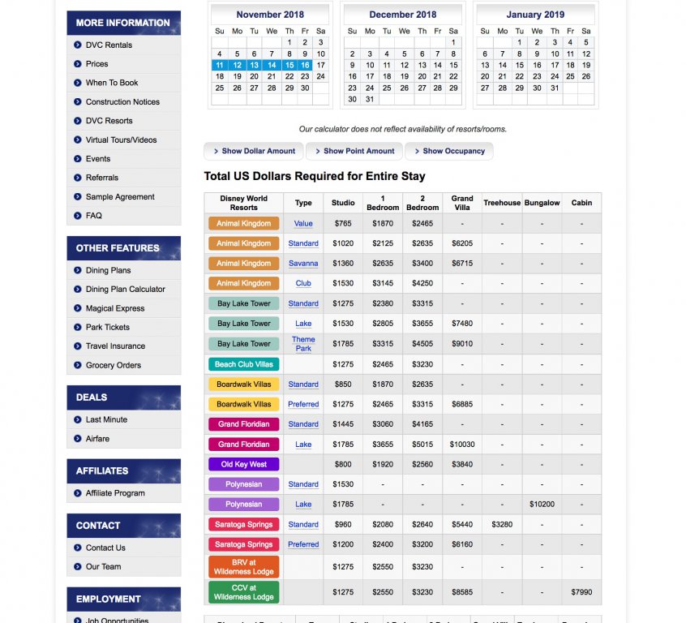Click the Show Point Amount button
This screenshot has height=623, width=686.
pyautogui.click(x=354, y=151)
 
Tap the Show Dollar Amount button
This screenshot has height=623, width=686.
pyautogui.click(x=254, y=151)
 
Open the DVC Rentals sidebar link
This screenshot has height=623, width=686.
pyautogui.click(x=109, y=45)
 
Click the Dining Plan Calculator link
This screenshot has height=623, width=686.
pyautogui.click(x=125, y=289)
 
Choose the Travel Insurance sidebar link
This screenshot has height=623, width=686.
pyautogui.click(x=115, y=346)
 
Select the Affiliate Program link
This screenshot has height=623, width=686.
pyautogui.click(x=115, y=493)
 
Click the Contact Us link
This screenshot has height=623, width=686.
pyautogui.click(x=105, y=548)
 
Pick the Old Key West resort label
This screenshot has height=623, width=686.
pyautogui.click(x=243, y=465)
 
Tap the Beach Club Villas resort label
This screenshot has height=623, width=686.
pyautogui.click(x=243, y=364)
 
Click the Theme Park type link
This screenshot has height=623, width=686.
pyautogui.click(x=303, y=344)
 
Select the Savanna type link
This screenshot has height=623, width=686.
pyautogui.click(x=303, y=264)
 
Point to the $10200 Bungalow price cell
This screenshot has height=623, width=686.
pyautogui.click(x=542, y=505)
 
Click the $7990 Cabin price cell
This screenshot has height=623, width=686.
pyautogui.click(x=581, y=593)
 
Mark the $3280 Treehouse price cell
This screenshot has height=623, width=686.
pyautogui.click(x=502, y=525)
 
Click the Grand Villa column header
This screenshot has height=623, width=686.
pyautogui.click(x=462, y=203)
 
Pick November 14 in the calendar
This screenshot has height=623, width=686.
pyautogui.click(x=272, y=65)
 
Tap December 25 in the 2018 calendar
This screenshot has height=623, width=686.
pyautogui.click(x=387, y=88)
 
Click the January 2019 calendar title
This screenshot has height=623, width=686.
pyautogui.click(x=535, y=15)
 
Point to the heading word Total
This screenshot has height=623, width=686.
pyautogui.click(x=220, y=176)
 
